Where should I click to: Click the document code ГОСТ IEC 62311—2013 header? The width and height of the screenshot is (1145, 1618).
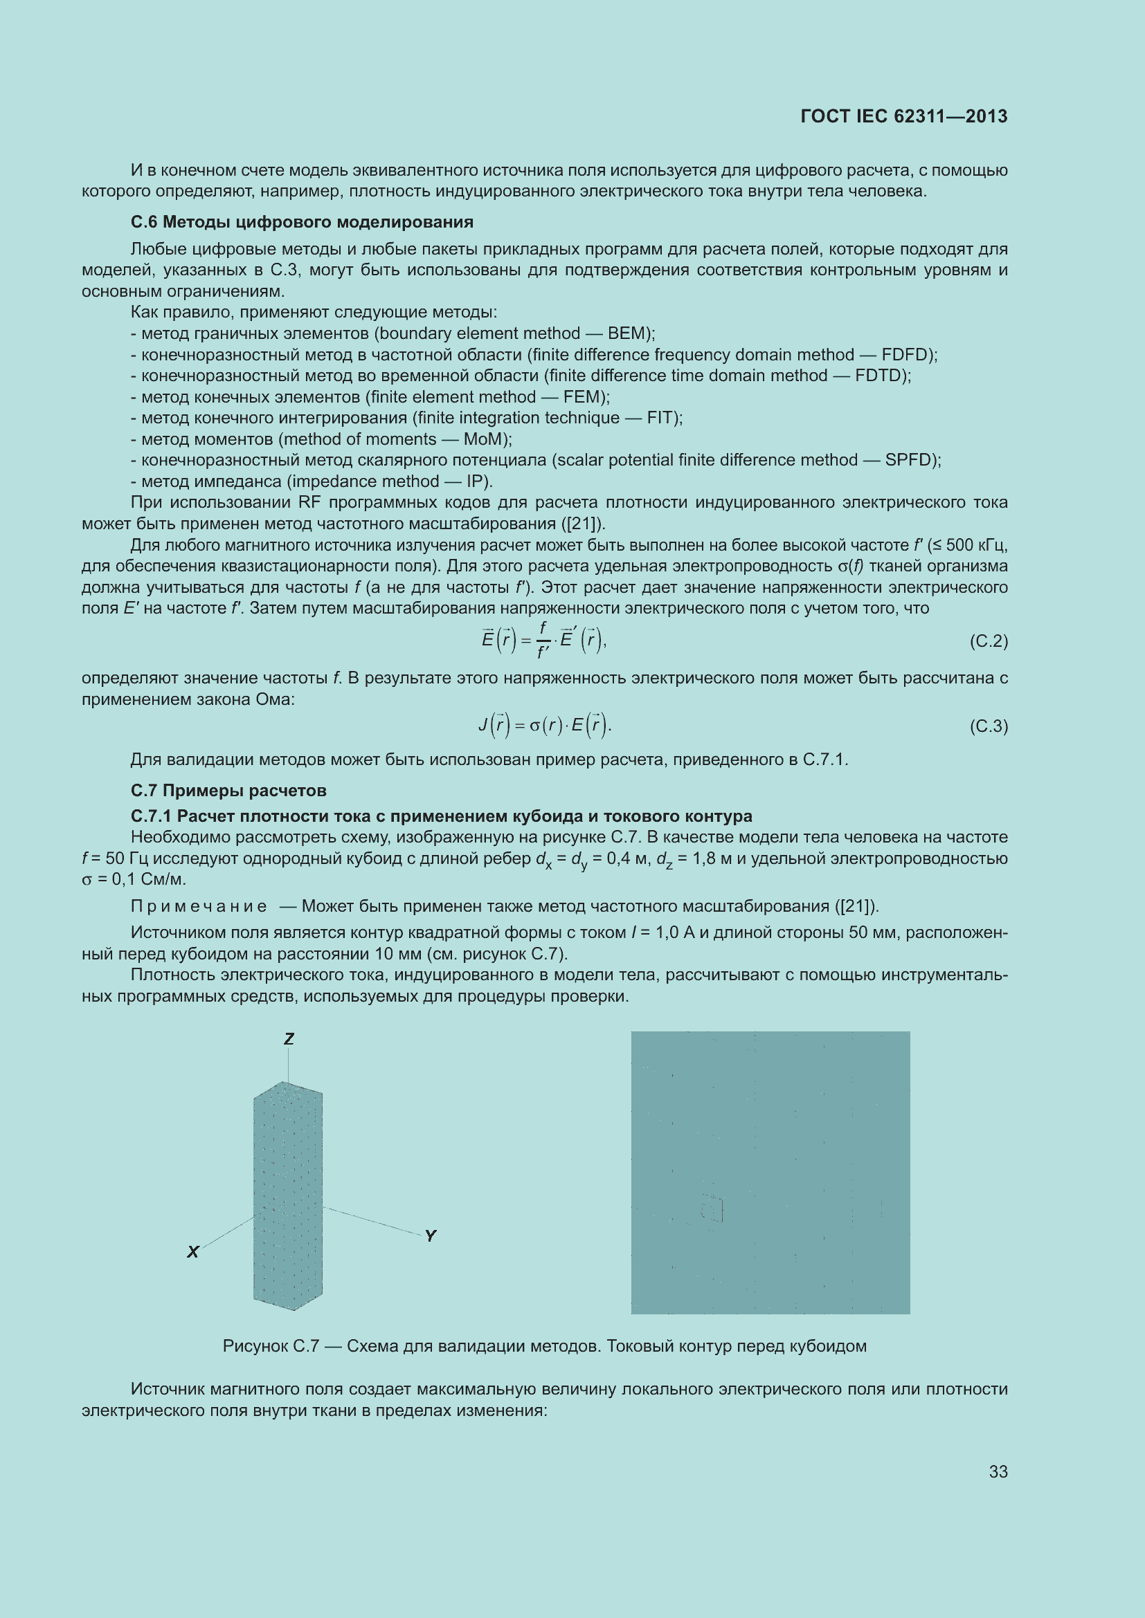coord(903,116)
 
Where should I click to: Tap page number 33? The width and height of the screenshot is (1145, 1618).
coord(998,1471)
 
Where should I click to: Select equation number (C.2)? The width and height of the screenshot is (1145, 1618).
coord(989,641)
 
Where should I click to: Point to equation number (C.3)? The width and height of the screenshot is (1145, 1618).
coord(989,726)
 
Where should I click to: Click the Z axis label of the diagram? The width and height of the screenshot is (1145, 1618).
coord(289,1039)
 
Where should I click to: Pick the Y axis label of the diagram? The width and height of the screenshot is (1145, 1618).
coord(430,1235)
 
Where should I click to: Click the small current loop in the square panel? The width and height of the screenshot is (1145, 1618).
coord(712,1209)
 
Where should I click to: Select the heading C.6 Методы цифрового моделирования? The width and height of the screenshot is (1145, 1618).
coord(302,222)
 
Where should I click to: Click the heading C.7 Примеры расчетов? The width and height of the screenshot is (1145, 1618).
coord(228,791)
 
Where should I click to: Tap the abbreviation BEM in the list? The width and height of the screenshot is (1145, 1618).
coord(625,333)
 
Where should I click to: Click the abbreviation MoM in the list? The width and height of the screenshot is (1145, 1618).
coord(484,439)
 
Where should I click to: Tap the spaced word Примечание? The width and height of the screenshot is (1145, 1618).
coord(199,906)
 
